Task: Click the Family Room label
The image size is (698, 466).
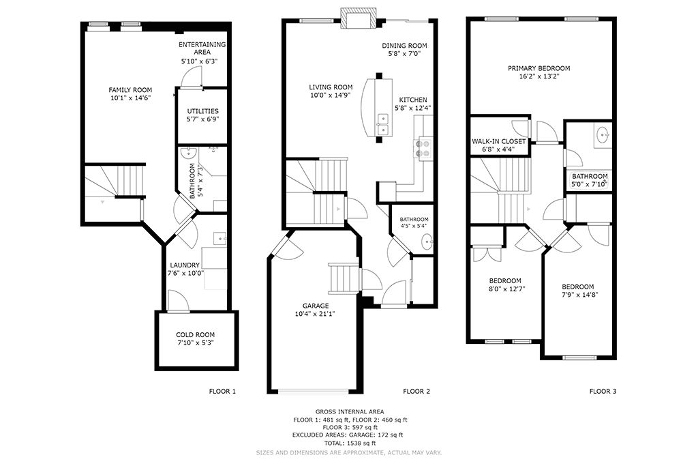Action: tap(130, 90)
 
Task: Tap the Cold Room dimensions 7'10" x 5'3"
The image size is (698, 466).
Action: tap(196, 343)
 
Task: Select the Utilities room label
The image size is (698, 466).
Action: tap(202, 111)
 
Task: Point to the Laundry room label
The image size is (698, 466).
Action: tap(185, 265)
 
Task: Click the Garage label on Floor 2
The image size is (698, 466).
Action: tap(316, 306)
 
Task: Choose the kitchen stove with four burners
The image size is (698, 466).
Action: tap(423, 149)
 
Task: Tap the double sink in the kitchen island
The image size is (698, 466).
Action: tap(383, 124)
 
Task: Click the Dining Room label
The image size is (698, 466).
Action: tap(404, 46)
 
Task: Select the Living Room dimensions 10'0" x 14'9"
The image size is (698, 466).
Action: tap(331, 96)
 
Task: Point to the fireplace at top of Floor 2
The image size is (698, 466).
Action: tap(358, 18)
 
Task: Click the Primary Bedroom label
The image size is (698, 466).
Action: tap(538, 68)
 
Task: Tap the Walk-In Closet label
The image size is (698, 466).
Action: tap(498, 141)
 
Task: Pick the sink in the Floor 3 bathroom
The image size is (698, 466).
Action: tap(604, 134)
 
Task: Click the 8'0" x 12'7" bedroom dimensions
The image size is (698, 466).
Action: tap(505, 289)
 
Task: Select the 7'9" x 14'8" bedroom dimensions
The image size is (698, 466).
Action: tap(577, 295)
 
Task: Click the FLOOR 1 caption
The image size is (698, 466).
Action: tap(222, 392)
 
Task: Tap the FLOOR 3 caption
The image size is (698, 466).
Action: tap(603, 392)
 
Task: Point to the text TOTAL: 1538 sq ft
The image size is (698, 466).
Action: tap(350, 443)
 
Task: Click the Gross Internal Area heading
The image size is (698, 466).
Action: tap(350, 412)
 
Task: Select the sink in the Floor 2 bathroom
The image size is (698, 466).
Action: tap(427, 243)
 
